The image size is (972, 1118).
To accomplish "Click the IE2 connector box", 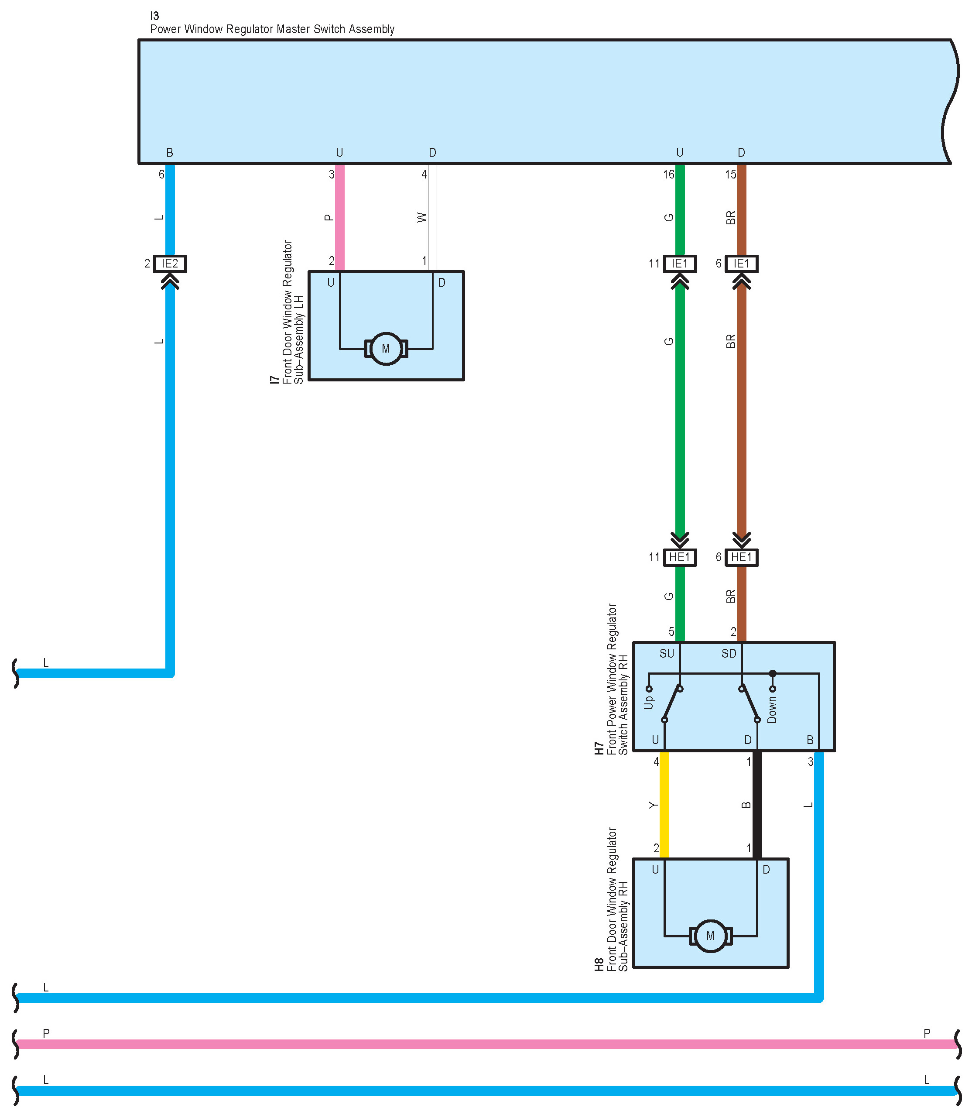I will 170,264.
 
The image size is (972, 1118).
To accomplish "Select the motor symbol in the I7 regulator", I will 386,348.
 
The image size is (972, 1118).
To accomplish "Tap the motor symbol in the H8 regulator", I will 710,936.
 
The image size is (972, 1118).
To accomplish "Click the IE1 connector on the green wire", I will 680,264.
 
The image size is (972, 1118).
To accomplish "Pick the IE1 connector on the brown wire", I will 742,264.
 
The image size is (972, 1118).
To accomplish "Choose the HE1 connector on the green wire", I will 680,557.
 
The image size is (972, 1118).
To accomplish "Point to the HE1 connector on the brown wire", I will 742,557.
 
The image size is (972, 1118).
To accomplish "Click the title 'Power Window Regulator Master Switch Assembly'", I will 272,29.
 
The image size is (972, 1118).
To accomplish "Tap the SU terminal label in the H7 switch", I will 667,654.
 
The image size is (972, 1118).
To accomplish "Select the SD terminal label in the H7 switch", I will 729,654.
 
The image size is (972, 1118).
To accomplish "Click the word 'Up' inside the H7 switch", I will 649,703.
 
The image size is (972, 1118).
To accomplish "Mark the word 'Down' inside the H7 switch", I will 772,710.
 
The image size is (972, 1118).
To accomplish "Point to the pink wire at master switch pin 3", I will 339,217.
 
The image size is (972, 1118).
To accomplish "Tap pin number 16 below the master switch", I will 668,175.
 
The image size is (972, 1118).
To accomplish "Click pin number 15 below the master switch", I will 731,175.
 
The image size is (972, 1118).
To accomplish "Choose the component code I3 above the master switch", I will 154,16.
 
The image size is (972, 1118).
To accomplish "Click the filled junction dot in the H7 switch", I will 772,673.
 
